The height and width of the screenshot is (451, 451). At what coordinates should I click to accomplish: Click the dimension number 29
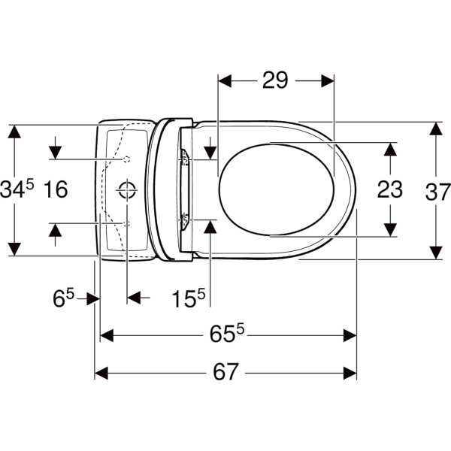click(x=275, y=81)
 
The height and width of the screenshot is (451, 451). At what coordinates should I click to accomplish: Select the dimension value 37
click(x=437, y=192)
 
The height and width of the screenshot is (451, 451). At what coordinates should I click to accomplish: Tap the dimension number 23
click(x=390, y=189)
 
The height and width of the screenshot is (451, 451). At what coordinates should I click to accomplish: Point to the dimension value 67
click(x=225, y=371)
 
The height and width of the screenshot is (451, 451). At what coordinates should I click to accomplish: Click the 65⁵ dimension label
click(x=227, y=334)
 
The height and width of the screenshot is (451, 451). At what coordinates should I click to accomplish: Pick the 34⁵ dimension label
click(x=17, y=189)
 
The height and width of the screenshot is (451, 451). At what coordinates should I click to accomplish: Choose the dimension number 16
click(x=56, y=189)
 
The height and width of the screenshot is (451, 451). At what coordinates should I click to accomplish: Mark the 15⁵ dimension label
click(x=189, y=298)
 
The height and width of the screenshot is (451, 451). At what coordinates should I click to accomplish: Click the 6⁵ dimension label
click(x=63, y=298)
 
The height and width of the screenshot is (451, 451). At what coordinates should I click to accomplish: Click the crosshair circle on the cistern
click(x=127, y=189)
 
